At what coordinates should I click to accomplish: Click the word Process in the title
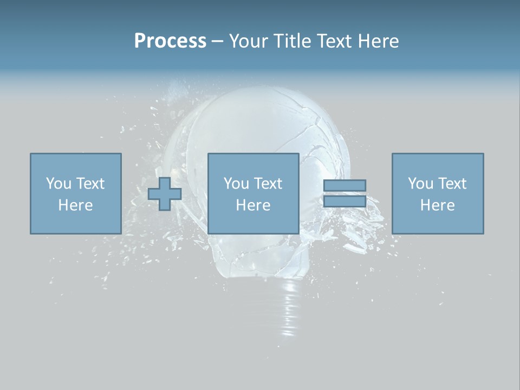pyautogui.click(x=170, y=41)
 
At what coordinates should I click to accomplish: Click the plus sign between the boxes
pyautogui.click(x=165, y=194)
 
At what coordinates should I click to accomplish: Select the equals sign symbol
pyautogui.click(x=344, y=193)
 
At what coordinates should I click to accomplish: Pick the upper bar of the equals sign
pyautogui.click(x=344, y=186)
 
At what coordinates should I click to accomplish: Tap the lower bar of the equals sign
pyautogui.click(x=344, y=201)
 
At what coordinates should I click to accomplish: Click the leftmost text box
pyautogui.click(x=76, y=193)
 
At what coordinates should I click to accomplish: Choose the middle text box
pyautogui.click(x=253, y=193)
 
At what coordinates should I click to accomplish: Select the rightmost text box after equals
pyautogui.click(x=438, y=193)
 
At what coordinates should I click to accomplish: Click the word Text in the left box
pyautogui.click(x=90, y=184)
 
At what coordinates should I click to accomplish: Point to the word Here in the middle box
pyautogui.click(x=253, y=205)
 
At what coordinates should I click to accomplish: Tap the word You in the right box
pyautogui.click(x=420, y=184)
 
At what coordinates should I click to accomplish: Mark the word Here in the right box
pyautogui.click(x=438, y=205)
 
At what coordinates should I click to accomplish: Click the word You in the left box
pyautogui.click(x=58, y=184)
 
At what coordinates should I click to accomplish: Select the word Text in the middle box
pyautogui.click(x=268, y=184)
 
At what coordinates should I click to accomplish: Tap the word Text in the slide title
pyautogui.click(x=333, y=41)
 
